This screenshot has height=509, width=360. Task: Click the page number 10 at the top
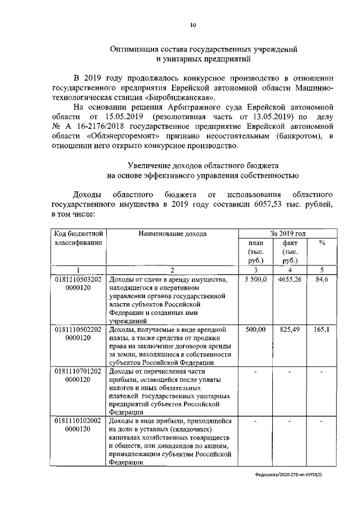pos(193,25)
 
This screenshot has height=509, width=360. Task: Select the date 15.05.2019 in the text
pos(125,116)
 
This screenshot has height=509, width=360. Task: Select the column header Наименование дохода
pos(172,233)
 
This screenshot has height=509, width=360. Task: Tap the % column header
pos(322,243)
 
